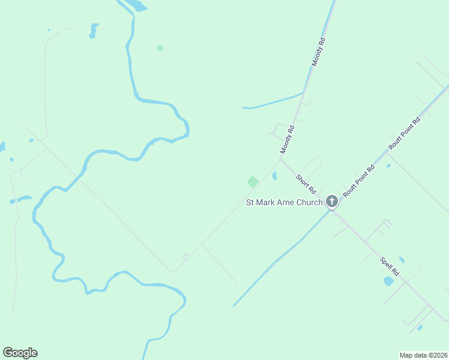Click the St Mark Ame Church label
(x=285, y=202)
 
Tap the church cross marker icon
(x=332, y=202)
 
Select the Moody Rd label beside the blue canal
(x=318, y=52)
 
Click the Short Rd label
(x=306, y=179)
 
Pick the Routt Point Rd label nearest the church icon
(x=359, y=181)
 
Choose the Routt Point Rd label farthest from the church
(x=405, y=133)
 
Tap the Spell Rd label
(x=390, y=267)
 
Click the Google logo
(x=20, y=353)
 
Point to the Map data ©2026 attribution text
(x=423, y=355)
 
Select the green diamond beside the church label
(x=253, y=181)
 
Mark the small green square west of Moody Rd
(x=160, y=48)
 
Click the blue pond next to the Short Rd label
(x=274, y=176)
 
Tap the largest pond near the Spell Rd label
(x=388, y=281)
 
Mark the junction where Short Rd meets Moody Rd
(x=280, y=159)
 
